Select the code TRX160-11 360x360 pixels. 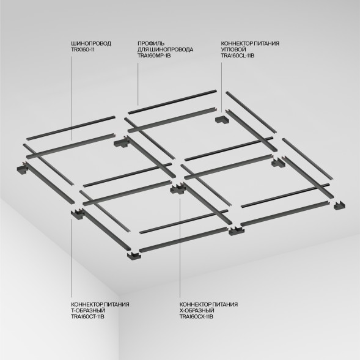tap(82, 50)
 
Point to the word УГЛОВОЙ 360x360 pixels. tap(234, 50)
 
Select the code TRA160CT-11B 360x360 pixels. tap(89, 317)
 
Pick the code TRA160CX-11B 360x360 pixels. tap(196, 317)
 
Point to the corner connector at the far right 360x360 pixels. tap(338, 205)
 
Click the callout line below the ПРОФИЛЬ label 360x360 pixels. tap(137, 79)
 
